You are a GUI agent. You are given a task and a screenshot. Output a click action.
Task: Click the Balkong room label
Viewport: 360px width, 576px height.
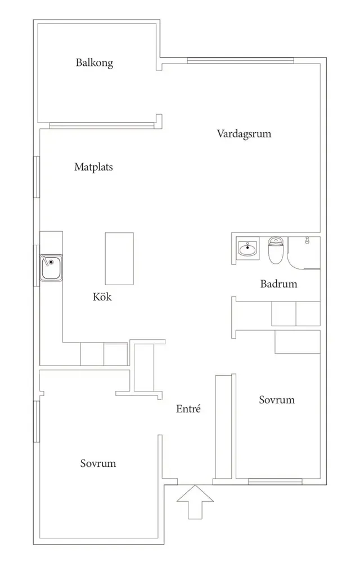94,63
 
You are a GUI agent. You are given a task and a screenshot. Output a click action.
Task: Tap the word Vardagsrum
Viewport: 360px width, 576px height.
244,134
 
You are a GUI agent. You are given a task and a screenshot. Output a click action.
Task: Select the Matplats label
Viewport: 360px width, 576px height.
93,167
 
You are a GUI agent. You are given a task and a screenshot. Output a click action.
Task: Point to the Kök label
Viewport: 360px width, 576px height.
102,296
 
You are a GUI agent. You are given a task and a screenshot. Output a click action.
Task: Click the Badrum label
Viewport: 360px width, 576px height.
278,283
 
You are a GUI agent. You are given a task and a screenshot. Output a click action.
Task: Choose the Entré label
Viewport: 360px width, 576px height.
188,409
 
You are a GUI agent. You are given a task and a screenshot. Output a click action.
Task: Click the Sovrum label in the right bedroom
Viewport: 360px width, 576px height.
277,400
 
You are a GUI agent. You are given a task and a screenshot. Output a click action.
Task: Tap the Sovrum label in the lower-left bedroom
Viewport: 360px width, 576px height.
98,463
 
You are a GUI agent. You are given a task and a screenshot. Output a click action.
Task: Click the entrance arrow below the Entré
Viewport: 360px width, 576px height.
195,502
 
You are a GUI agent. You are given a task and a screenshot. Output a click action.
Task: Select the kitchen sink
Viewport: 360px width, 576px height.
51,268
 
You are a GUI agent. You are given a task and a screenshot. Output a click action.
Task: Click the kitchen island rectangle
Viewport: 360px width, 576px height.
119,259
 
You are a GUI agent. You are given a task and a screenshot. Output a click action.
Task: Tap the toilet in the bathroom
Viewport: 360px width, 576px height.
275,250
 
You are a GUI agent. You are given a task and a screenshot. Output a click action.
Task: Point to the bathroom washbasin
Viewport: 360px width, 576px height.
247,249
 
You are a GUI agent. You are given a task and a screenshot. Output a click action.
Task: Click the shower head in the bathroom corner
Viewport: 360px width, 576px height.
307,241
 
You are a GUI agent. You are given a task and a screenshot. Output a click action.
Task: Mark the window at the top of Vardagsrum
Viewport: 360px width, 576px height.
241,61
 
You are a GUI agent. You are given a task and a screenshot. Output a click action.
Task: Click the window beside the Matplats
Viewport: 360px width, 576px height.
37,177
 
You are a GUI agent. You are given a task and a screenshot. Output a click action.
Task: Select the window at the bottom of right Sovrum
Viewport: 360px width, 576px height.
275,481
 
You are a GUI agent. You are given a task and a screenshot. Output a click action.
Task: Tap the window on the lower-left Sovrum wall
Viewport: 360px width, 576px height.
37,421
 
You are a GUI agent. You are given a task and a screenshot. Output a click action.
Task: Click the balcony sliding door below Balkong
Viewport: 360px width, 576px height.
102,125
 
